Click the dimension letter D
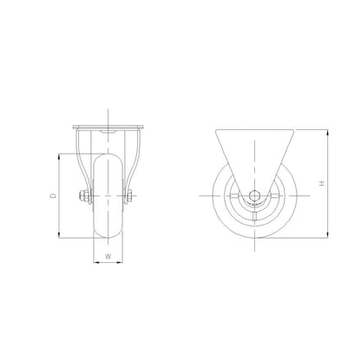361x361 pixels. [54, 196]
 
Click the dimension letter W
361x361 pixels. [108, 256]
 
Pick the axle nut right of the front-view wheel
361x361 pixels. [132, 197]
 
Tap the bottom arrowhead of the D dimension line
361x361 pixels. [59, 235]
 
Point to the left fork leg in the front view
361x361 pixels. [80, 161]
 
